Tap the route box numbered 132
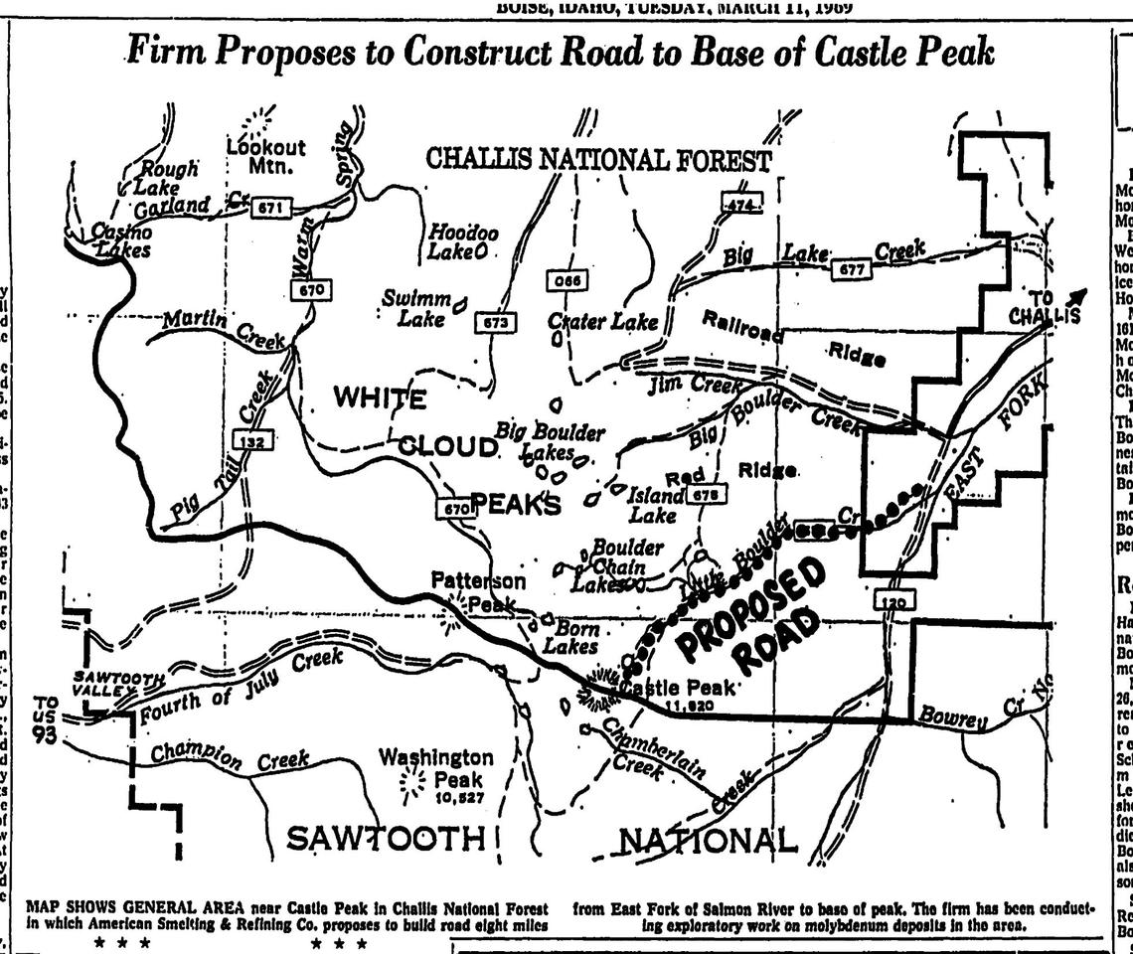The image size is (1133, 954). pos(254,441)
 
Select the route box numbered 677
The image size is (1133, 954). pos(854,268)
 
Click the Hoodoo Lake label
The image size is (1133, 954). pos(462,241)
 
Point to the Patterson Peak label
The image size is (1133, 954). pos(479,592)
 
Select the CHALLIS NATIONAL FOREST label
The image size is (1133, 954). pos(597,159)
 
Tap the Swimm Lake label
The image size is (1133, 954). pos(420,308)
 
